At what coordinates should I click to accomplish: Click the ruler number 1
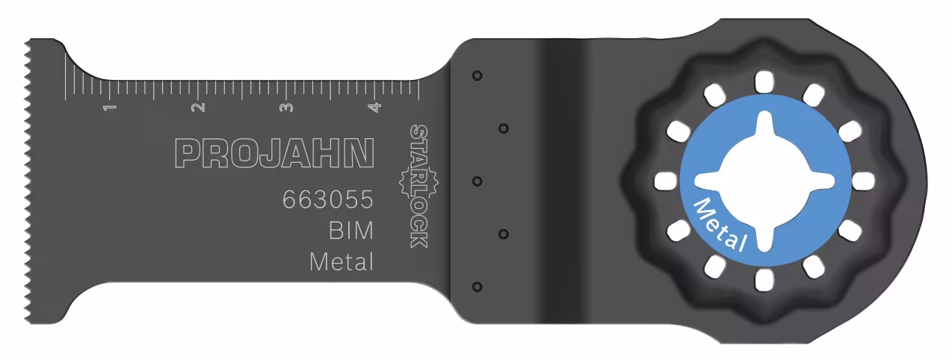pyautogui.click(x=111, y=108)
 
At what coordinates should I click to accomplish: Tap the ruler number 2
pyautogui.click(x=199, y=108)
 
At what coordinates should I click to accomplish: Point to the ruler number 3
pyautogui.click(x=286, y=108)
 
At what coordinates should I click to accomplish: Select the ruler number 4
pyautogui.click(x=374, y=108)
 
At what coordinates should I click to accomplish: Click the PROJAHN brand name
pyautogui.click(x=273, y=152)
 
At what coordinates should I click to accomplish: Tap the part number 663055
pyautogui.click(x=327, y=201)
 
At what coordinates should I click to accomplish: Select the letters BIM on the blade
pyautogui.click(x=350, y=232)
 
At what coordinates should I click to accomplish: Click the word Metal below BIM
pyautogui.click(x=341, y=262)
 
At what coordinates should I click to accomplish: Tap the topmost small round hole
pyautogui.click(x=477, y=75)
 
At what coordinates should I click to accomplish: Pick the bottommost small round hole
pyautogui.click(x=477, y=286)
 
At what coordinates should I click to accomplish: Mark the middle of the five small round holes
pyautogui.click(x=477, y=181)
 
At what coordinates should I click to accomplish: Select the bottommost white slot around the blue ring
pyautogui.click(x=763, y=281)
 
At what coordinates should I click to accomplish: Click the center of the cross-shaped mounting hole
pyautogui.click(x=763, y=181)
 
